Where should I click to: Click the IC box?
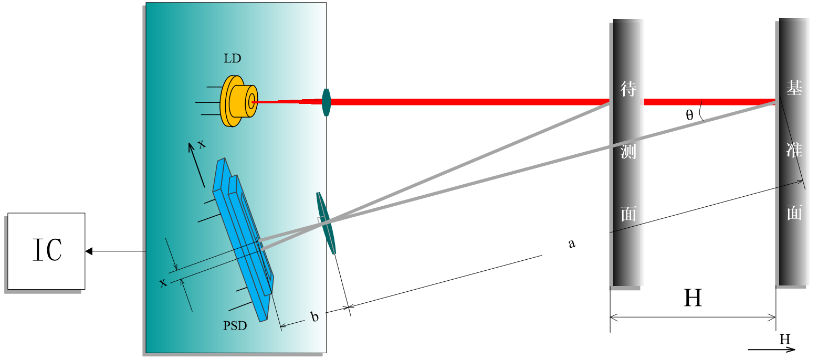(46, 251)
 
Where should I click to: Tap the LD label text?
(232, 59)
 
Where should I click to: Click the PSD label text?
(235, 326)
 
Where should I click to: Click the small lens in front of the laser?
(326, 102)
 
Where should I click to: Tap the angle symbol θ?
(689, 115)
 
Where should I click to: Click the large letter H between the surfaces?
(693, 299)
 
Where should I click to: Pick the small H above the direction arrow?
(784, 340)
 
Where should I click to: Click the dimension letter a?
(572, 243)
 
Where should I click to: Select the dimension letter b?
(314, 317)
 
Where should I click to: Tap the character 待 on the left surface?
(628, 89)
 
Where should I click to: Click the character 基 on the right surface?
(793, 88)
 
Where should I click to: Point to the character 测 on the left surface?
(628, 152)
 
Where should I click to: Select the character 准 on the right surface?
(793, 151)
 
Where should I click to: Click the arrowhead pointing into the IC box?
(89, 251)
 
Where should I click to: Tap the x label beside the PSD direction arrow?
(201, 144)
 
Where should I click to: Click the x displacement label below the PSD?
(163, 283)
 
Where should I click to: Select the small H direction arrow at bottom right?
(772, 349)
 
